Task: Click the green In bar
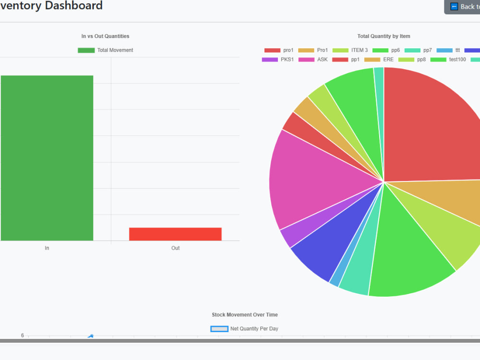(47, 158)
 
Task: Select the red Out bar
(175, 234)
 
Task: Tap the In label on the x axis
(47, 248)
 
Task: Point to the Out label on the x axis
(175, 248)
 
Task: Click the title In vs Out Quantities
(105, 36)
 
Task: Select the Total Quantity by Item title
(384, 36)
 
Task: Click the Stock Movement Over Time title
(245, 315)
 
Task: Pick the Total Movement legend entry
(106, 50)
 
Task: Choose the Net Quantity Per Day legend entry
(244, 329)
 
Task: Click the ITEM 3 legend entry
(350, 50)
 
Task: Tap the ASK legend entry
(313, 60)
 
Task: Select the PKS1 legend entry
(277, 60)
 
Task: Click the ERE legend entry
(379, 60)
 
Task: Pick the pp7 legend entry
(418, 50)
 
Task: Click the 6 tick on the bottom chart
(23, 336)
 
